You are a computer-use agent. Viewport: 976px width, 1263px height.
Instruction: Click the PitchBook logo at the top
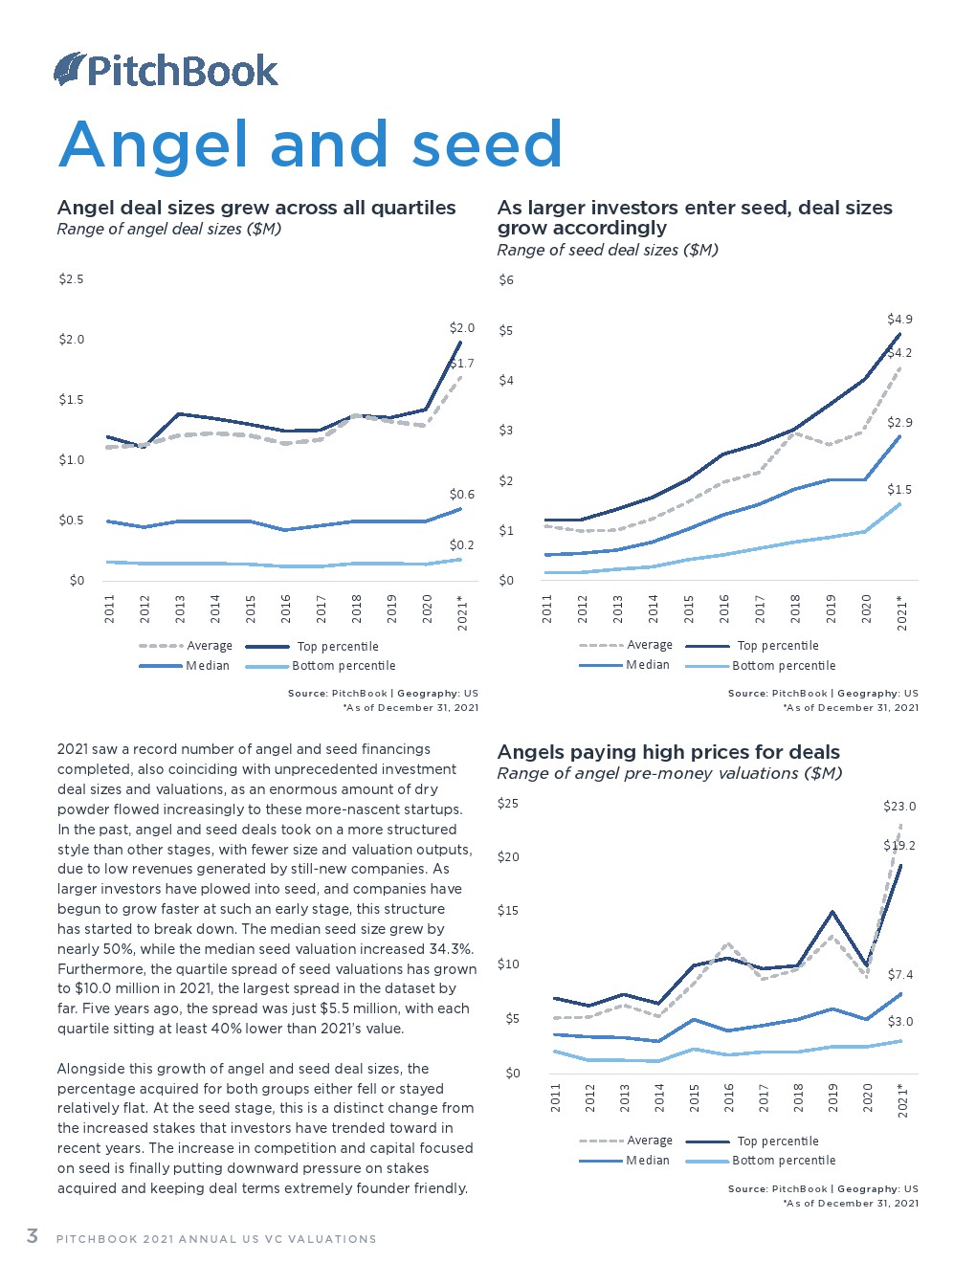click(x=166, y=70)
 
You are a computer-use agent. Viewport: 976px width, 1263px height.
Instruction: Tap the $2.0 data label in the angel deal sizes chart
click(x=462, y=328)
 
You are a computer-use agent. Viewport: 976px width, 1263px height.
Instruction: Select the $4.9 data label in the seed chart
click(x=899, y=319)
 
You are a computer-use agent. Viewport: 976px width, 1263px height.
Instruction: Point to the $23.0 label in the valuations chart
click(x=899, y=807)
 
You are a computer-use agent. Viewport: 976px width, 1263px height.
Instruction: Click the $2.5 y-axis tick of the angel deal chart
click(x=72, y=279)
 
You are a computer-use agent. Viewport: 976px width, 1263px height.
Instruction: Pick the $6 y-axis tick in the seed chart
click(x=506, y=280)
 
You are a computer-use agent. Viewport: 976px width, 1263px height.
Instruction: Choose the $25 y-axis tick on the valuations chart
click(x=508, y=804)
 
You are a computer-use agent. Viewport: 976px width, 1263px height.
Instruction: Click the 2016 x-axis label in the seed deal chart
click(x=724, y=609)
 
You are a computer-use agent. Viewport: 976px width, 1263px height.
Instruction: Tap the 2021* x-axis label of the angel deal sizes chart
click(x=462, y=612)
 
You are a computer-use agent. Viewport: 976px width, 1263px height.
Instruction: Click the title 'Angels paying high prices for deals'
click(x=668, y=752)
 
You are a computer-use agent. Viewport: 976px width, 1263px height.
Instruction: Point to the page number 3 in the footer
click(x=32, y=1236)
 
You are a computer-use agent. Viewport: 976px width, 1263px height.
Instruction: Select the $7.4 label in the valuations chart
click(x=900, y=975)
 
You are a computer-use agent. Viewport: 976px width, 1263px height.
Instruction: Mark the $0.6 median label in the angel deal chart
click(x=462, y=495)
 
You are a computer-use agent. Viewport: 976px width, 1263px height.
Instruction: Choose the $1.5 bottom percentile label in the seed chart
click(x=899, y=490)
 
